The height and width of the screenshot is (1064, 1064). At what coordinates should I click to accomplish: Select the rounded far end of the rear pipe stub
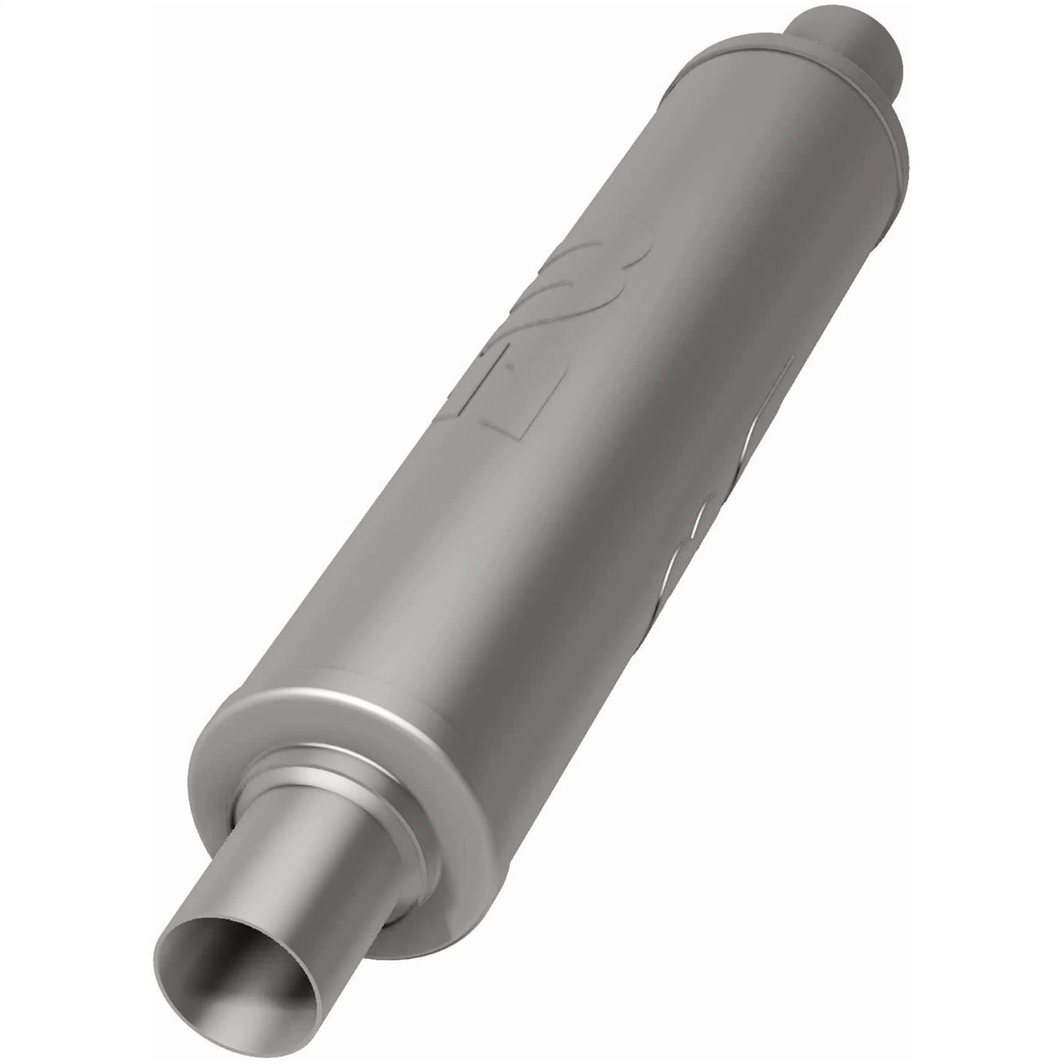(885, 35)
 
